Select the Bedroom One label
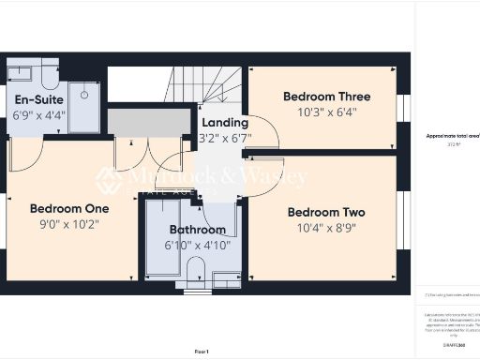click(x=69, y=208)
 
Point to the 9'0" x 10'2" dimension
click(x=69, y=224)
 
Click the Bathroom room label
click(x=197, y=230)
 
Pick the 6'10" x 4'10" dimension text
click(x=197, y=246)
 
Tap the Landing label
click(x=225, y=123)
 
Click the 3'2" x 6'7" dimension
click(x=225, y=139)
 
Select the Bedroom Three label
click(x=326, y=97)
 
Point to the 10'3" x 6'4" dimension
click(x=326, y=112)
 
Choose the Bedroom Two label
click(x=325, y=212)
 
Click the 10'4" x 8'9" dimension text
click(x=325, y=228)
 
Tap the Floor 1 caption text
click(x=202, y=351)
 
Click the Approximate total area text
click(x=453, y=136)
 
